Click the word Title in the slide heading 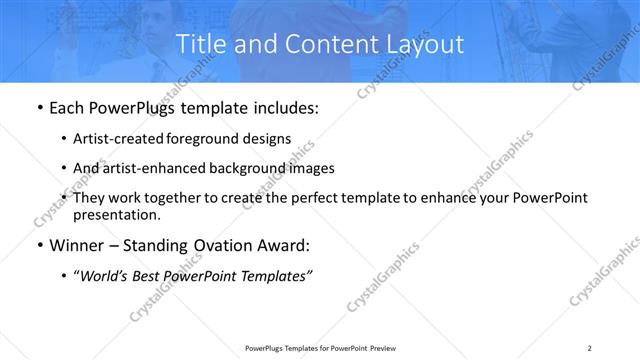coord(199,45)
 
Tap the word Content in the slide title coord(328,45)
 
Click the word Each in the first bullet coord(67,107)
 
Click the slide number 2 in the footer coord(590,347)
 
